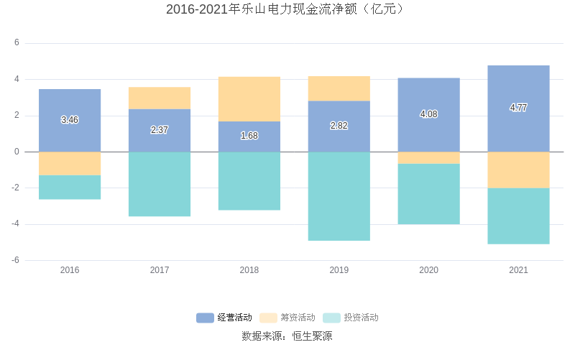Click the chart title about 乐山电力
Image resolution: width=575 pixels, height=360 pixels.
click(x=287, y=9)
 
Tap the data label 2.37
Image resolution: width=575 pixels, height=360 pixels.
click(x=160, y=130)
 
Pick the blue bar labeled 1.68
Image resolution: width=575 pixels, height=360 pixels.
click(x=249, y=136)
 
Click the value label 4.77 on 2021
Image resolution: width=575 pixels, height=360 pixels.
click(x=518, y=108)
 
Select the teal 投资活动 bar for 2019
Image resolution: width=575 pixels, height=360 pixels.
click(x=339, y=196)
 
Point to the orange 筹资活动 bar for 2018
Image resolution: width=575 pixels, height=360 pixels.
click(x=249, y=99)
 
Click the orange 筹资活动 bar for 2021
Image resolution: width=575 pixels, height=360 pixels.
click(x=518, y=170)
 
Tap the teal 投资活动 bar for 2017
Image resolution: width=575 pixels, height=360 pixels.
click(x=160, y=184)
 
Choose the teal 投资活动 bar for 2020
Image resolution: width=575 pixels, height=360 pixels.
click(x=428, y=194)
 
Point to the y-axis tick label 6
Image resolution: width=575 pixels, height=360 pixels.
click(x=17, y=43)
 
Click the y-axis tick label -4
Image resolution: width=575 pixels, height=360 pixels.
click(x=15, y=224)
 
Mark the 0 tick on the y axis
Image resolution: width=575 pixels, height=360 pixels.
click(x=17, y=152)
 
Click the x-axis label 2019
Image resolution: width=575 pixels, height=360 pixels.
click(x=339, y=271)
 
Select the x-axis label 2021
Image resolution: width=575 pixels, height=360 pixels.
click(x=518, y=271)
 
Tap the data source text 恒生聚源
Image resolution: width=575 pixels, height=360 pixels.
click(x=312, y=336)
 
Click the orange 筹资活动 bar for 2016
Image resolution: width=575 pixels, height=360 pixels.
click(x=70, y=163)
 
